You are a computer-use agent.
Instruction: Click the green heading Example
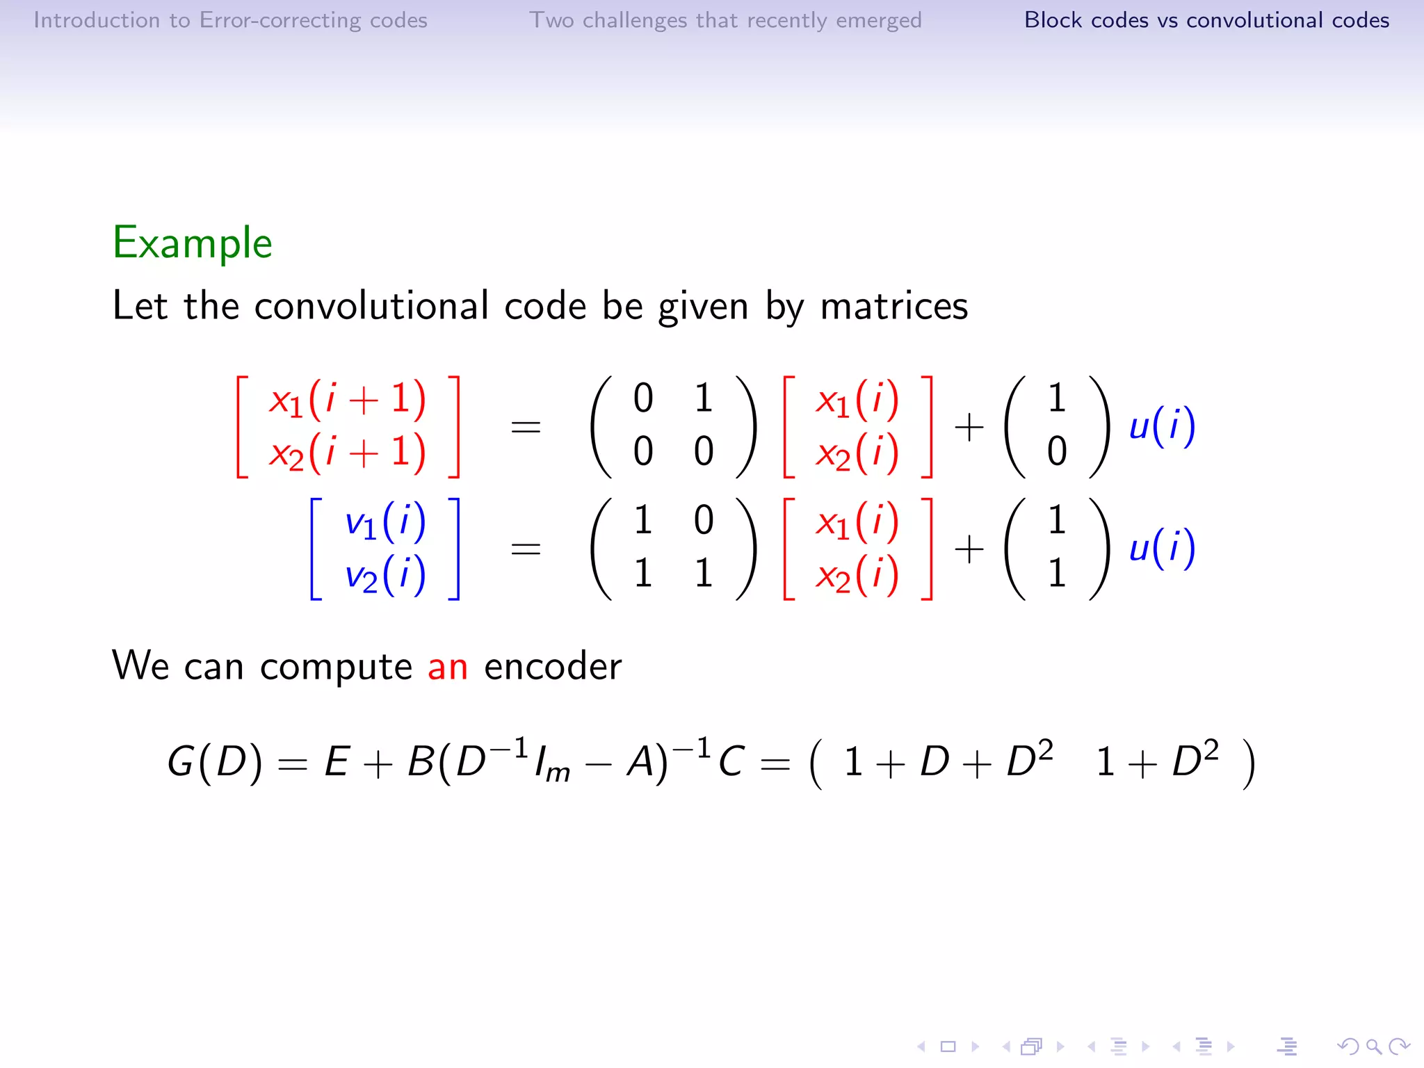click(x=193, y=243)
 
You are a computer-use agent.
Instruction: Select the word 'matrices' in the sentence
click(x=894, y=306)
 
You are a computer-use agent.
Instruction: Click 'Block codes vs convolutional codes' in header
click(x=1206, y=20)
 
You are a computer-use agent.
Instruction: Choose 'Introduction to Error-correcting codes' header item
click(x=230, y=20)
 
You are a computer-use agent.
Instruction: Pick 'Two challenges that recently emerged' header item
click(x=725, y=20)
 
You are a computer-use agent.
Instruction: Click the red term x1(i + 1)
click(x=348, y=400)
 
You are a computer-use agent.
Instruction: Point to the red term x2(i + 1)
click(x=348, y=453)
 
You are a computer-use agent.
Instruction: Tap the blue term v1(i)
click(x=385, y=521)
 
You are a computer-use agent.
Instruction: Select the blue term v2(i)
click(x=385, y=575)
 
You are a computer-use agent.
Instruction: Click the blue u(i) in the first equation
click(x=1162, y=426)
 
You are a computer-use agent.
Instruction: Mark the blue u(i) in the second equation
click(x=1162, y=548)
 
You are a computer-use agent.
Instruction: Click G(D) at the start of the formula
click(x=215, y=761)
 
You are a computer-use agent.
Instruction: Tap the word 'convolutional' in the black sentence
click(x=371, y=306)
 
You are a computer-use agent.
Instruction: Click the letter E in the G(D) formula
click(x=337, y=761)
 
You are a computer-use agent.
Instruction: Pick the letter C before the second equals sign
click(x=731, y=761)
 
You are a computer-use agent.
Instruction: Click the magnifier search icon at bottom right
click(x=1373, y=1046)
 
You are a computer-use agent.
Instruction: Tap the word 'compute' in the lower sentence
click(x=337, y=667)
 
